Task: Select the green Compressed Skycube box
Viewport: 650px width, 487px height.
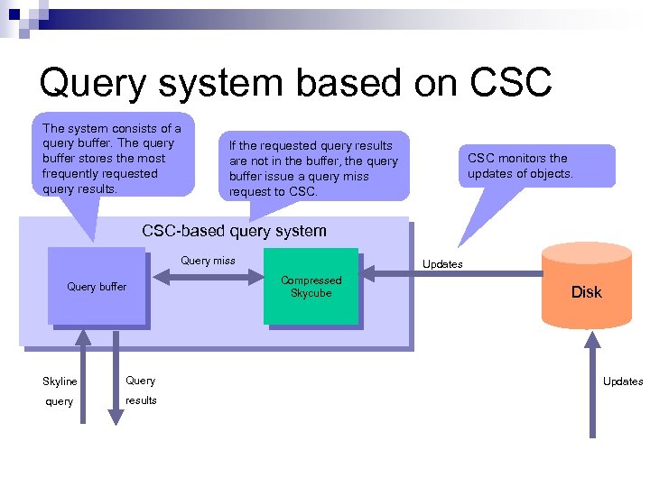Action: [x=311, y=287]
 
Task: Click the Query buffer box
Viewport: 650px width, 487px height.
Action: [x=97, y=287]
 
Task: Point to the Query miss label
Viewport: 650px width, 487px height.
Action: [x=208, y=261]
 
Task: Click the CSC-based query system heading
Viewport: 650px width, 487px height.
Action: [x=234, y=231]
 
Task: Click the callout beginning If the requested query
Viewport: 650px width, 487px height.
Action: [x=313, y=168]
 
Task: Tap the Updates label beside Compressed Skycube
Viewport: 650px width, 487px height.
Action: [x=442, y=264]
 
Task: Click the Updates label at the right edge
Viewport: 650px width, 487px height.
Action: [x=623, y=381]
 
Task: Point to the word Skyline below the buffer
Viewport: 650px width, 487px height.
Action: [x=60, y=381]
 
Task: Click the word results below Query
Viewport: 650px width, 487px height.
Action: [x=141, y=400]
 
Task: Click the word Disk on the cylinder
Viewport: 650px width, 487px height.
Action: [x=586, y=292]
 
